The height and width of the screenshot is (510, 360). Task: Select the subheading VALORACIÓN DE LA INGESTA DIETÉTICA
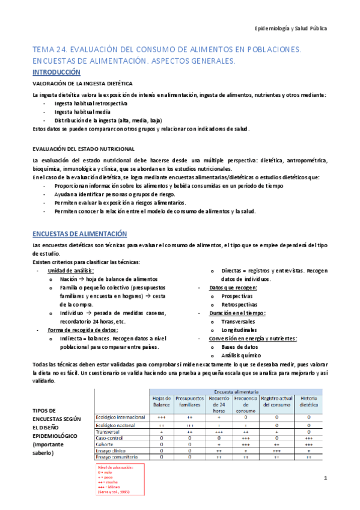(x=87, y=84)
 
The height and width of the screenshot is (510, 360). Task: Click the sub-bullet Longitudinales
(x=239, y=330)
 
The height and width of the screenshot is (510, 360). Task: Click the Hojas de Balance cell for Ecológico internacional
(x=162, y=416)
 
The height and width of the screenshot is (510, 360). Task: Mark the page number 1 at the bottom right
(x=325, y=478)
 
